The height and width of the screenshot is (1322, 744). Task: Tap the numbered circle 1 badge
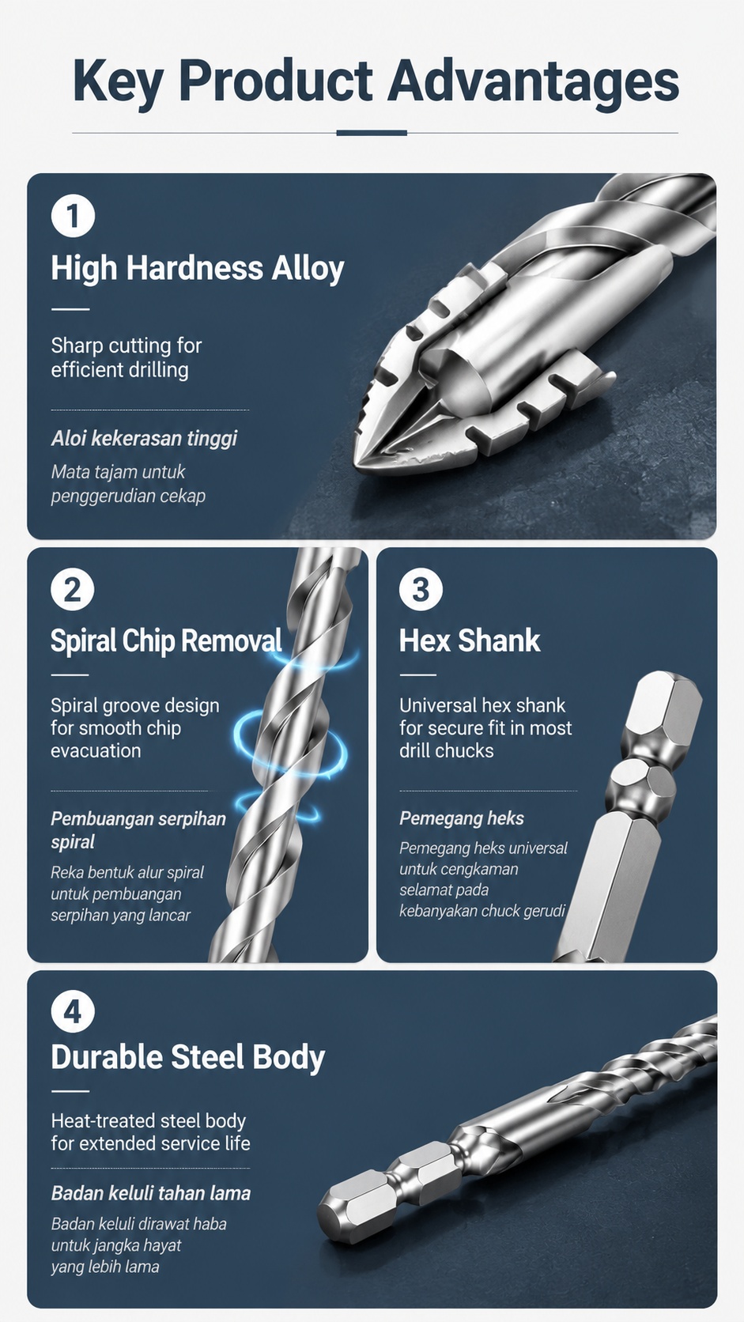click(x=74, y=216)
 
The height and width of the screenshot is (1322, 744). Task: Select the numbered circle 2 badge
click(x=73, y=589)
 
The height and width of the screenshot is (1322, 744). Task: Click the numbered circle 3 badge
click(x=421, y=589)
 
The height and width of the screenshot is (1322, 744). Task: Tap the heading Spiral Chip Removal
click(x=166, y=641)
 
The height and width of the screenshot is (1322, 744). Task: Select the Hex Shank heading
click(x=470, y=640)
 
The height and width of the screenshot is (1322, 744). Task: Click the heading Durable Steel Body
click(x=187, y=1057)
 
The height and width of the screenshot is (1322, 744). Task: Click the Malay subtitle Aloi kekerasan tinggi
click(x=144, y=439)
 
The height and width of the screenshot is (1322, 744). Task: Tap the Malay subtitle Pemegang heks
click(x=462, y=818)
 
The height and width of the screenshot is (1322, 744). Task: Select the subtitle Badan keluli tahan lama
click(x=150, y=1193)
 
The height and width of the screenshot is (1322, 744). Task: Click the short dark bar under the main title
click(x=372, y=133)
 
